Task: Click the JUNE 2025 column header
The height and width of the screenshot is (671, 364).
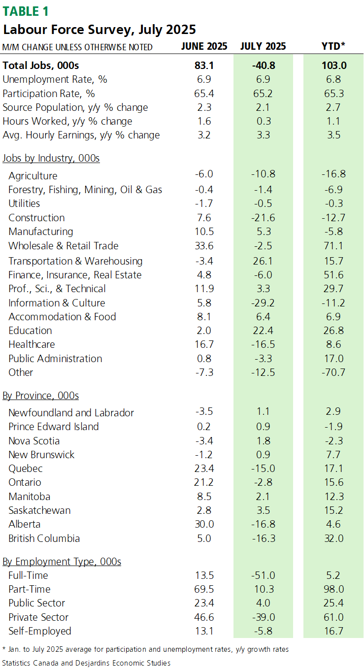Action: [x=204, y=46]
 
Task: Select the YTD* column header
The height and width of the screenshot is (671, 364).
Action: [x=333, y=46]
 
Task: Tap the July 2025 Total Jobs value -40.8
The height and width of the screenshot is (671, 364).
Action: [x=264, y=66]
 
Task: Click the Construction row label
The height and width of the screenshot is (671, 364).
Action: [x=36, y=218]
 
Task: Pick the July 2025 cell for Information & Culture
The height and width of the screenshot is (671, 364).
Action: [x=263, y=303]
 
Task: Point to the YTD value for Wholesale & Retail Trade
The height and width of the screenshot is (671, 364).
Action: [x=333, y=246]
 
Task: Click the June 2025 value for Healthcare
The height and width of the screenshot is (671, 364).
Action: [x=204, y=344]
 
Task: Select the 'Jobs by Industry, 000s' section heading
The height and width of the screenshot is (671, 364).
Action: [x=51, y=158]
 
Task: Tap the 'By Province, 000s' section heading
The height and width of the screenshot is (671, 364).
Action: [x=40, y=396]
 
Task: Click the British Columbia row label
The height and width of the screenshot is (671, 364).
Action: [x=44, y=538]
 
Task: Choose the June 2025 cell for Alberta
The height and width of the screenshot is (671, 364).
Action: [x=204, y=524]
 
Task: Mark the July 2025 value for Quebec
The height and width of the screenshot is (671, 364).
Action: [x=263, y=469]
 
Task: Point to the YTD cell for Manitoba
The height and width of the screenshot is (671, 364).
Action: [x=333, y=497]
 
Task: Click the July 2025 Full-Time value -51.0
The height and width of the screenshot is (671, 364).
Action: [x=263, y=575]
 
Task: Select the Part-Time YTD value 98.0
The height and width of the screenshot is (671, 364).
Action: [x=333, y=589]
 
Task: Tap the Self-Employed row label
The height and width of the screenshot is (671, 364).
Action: [x=40, y=631]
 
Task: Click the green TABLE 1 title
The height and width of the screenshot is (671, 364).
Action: [x=26, y=11]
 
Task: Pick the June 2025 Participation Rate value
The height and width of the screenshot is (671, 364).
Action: [x=204, y=94]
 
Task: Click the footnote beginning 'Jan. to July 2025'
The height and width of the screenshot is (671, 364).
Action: [x=146, y=649]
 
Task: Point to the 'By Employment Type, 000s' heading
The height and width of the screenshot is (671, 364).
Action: [x=62, y=562]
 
